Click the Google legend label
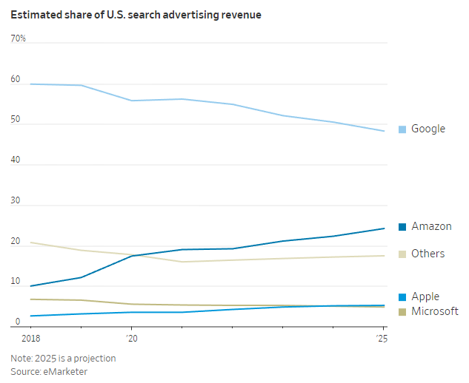click(428, 129)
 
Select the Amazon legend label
click(431, 226)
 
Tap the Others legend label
click(428, 254)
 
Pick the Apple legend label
click(425, 296)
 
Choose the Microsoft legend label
click(435, 311)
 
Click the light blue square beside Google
click(402, 129)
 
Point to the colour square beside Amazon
click(402, 227)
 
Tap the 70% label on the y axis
click(19, 38)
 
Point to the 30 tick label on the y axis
click(16, 200)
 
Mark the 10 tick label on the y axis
click(16, 282)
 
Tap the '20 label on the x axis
click(132, 338)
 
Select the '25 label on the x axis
click(382, 338)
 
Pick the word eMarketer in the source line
click(67, 371)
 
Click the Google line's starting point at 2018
click(30, 84)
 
